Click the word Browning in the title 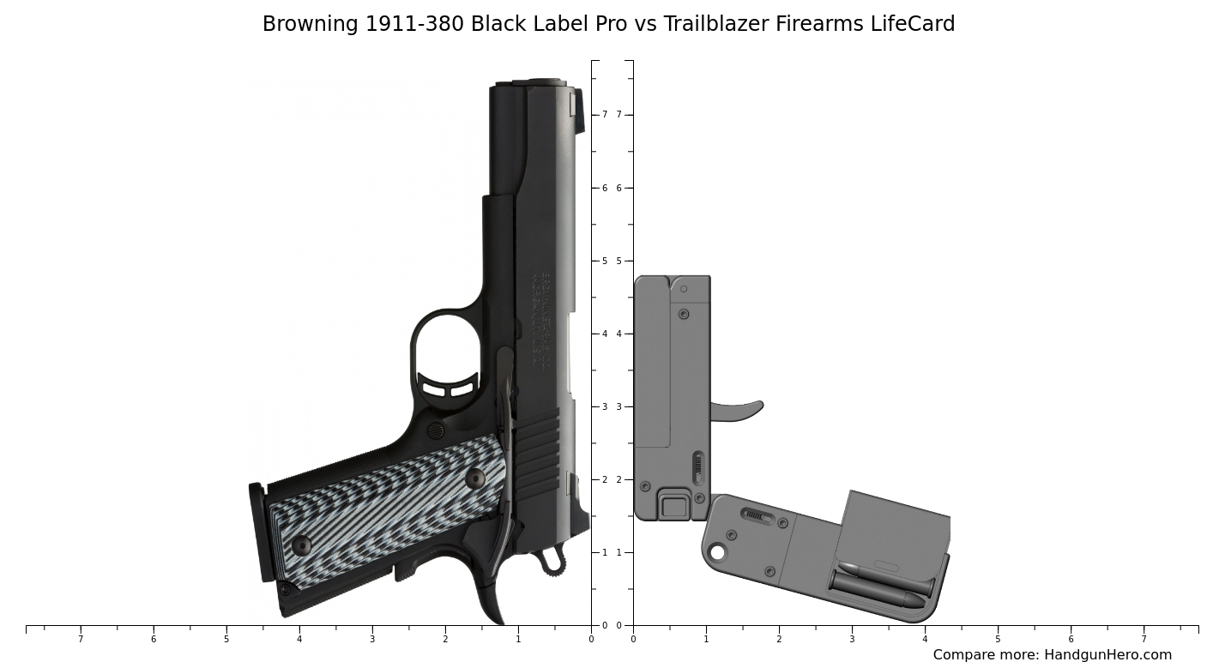pyautogui.click(x=311, y=24)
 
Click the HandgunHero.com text pyautogui.click(x=1107, y=655)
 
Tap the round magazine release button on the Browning pyautogui.click(x=436, y=430)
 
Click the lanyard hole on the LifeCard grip pyautogui.click(x=717, y=552)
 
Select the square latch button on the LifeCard pyautogui.click(x=674, y=505)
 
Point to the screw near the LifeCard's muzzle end pyautogui.click(x=684, y=314)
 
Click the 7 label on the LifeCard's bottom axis pyautogui.click(x=1144, y=639)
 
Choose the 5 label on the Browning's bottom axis pyautogui.click(x=226, y=639)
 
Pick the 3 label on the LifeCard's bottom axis pyautogui.click(x=852, y=639)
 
